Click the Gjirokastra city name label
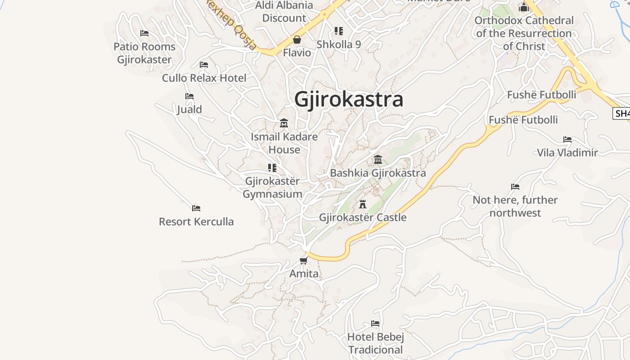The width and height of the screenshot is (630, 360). [348, 99]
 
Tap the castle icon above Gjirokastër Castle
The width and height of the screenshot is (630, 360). [363, 204]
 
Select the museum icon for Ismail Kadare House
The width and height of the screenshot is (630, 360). [284, 123]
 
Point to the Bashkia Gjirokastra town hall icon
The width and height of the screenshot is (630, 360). [378, 160]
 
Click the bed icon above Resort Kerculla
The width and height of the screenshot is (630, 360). [196, 208]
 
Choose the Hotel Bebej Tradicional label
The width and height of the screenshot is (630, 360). [376, 343]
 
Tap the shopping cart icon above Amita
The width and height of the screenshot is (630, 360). [304, 261]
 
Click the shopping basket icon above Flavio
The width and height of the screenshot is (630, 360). [297, 40]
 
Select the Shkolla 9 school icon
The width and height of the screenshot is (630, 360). [339, 31]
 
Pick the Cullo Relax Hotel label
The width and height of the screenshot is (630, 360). [204, 78]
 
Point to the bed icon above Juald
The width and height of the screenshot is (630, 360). [189, 96]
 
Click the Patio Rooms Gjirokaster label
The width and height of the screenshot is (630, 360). [144, 53]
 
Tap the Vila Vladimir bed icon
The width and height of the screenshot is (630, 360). [567, 139]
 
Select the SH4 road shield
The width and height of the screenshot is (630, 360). [622, 113]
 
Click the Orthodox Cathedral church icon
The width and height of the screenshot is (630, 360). [523, 8]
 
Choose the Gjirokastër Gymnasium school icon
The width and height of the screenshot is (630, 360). [272, 168]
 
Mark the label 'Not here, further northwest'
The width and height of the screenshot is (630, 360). [515, 206]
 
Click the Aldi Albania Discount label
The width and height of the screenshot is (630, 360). [284, 12]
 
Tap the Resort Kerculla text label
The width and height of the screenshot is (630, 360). [196, 221]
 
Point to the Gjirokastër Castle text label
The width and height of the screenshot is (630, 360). [363, 217]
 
